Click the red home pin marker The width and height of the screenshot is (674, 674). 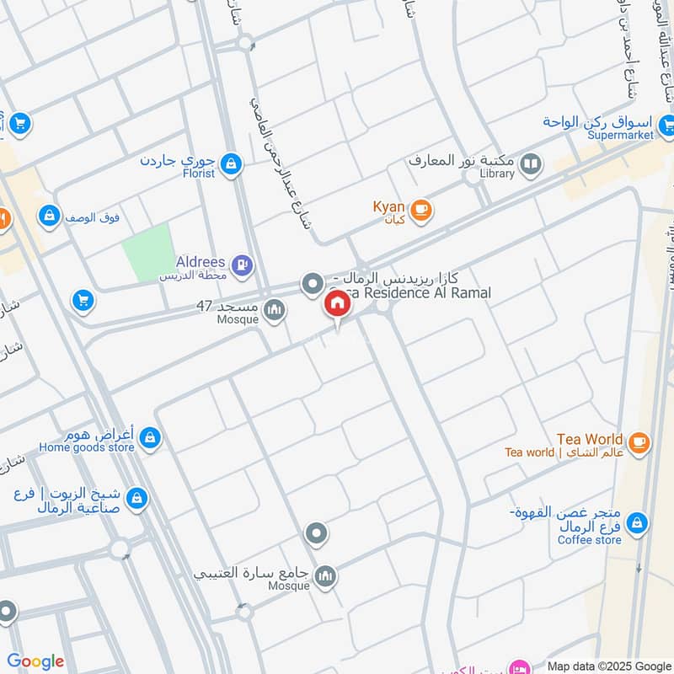click(337, 303)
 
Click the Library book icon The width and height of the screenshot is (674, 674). click(531, 163)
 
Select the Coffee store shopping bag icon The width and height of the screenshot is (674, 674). click(638, 523)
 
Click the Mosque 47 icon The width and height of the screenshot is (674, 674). click(274, 313)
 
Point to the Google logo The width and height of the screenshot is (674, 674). click(35, 661)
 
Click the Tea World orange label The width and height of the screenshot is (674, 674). click(590, 439)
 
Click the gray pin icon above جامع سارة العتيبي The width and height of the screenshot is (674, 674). click(317, 533)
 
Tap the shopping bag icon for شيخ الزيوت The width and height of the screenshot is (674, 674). click(137, 500)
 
